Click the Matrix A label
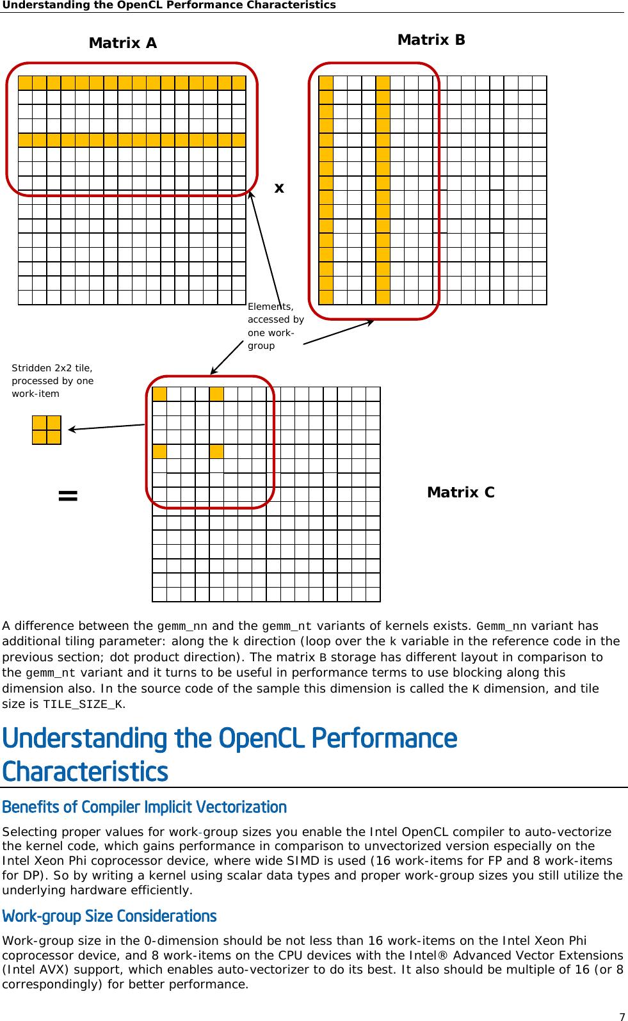click(x=122, y=43)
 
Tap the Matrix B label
click(x=431, y=40)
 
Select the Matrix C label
click(x=460, y=492)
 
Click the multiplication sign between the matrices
click(x=279, y=188)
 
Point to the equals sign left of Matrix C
click(x=68, y=495)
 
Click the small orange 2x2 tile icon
click(x=47, y=430)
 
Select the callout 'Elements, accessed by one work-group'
click(x=275, y=326)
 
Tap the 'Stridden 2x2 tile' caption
click(x=52, y=381)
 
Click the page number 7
click(x=622, y=1017)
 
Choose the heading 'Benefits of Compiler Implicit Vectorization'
click(x=144, y=807)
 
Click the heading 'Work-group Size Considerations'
click(x=109, y=917)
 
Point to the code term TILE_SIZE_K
click(x=83, y=705)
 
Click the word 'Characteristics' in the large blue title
click(x=85, y=771)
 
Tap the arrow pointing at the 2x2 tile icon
click(x=106, y=427)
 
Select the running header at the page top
click(x=169, y=5)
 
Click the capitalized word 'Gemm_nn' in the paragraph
click(x=501, y=627)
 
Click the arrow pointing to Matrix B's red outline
click(x=339, y=332)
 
